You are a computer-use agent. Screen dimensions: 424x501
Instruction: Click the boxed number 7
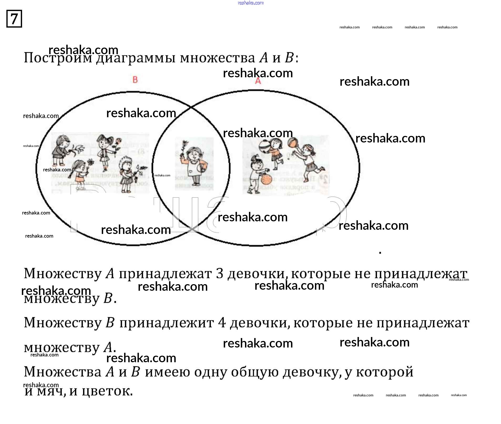(14, 19)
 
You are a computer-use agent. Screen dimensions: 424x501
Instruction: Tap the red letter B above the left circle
(135, 80)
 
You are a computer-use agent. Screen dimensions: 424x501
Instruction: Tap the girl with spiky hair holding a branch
(126, 173)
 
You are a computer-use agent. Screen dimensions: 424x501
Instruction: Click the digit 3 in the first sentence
(219, 274)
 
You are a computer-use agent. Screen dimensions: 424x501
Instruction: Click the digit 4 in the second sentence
(222, 323)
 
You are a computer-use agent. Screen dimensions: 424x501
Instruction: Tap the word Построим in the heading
(58, 58)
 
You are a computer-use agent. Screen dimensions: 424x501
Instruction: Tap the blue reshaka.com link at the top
(250, 3)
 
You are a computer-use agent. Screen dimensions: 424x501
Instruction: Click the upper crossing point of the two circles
(191, 108)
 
